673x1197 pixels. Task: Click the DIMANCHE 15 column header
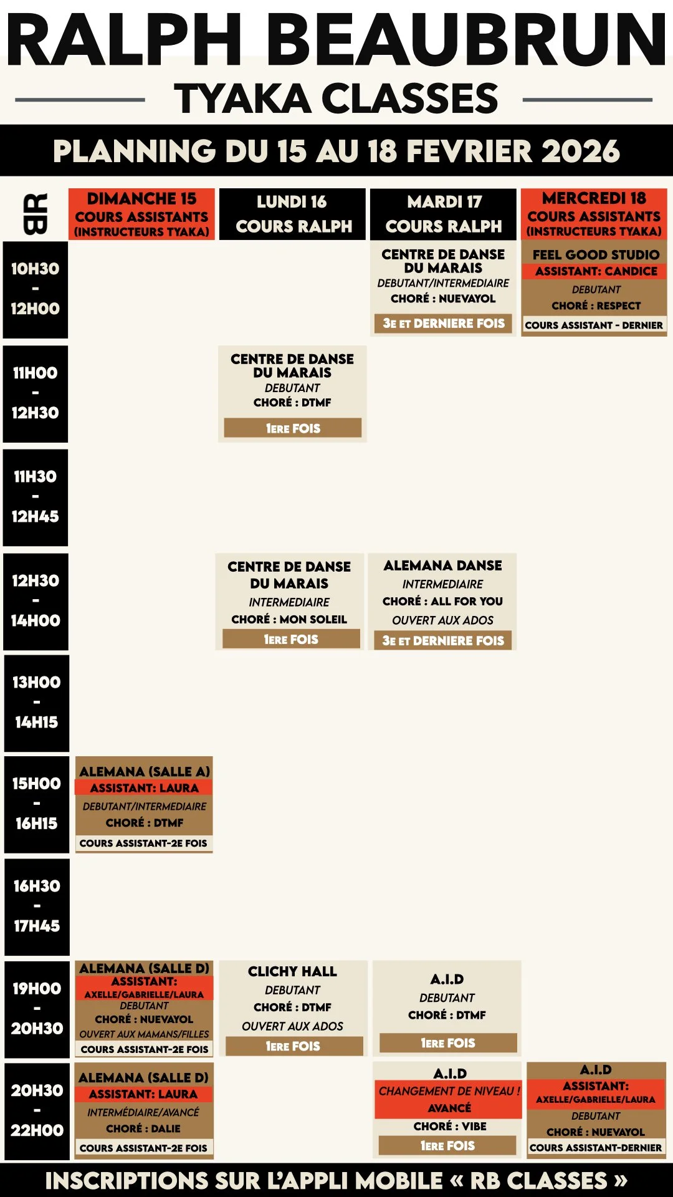(x=141, y=214)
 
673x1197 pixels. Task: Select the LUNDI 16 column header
(x=292, y=214)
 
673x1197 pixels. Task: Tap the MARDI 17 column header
(x=443, y=214)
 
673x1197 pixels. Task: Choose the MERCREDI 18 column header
(x=594, y=214)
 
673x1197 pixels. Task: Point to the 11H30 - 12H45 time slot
(x=36, y=497)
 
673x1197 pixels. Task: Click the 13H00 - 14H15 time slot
(x=37, y=703)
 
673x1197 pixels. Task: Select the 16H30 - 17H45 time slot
(x=37, y=906)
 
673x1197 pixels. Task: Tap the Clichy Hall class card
(x=293, y=1008)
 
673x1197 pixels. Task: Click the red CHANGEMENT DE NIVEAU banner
(x=449, y=1099)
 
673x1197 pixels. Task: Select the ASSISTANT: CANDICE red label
(x=596, y=271)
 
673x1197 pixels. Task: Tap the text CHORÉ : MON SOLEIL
(x=289, y=619)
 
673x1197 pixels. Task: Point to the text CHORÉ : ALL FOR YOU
(x=442, y=601)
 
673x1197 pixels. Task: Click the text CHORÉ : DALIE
(x=143, y=1128)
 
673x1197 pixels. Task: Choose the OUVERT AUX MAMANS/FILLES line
(x=144, y=1034)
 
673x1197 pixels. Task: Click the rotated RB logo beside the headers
(x=36, y=214)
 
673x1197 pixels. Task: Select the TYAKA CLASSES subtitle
(x=336, y=99)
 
